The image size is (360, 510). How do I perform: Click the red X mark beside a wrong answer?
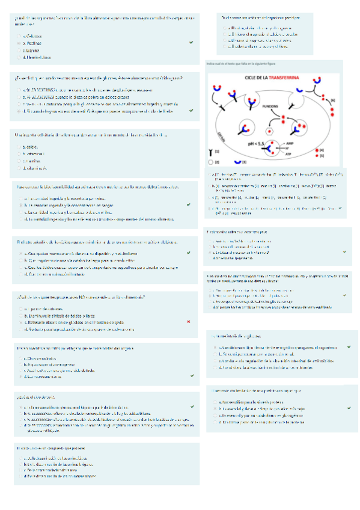pyautogui.click(x=189, y=322)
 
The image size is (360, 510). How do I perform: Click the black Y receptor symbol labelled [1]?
pyautogui.click(x=210, y=152)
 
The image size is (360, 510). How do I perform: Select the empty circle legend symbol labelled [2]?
pyautogui.click(x=210, y=162)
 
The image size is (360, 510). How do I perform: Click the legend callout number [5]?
pyautogui.click(x=322, y=155)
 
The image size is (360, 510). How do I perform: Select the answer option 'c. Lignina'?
pyautogui.click(x=32, y=51)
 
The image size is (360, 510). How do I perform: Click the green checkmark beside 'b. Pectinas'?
pyautogui.click(x=190, y=43)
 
